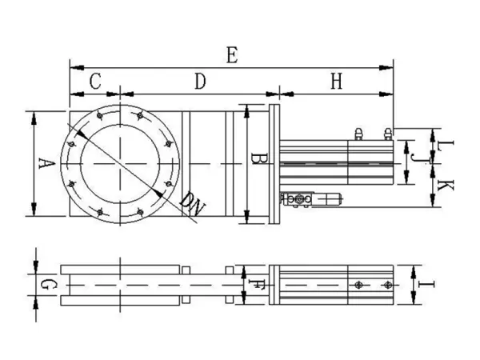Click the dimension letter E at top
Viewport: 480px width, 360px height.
[x=232, y=55]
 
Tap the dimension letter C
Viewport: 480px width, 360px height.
[x=95, y=81]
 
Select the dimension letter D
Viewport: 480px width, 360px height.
[x=200, y=81]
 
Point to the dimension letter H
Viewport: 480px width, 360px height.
[x=337, y=81]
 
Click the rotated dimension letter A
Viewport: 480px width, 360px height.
[x=46, y=163]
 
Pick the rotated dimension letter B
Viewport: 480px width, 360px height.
[x=259, y=158]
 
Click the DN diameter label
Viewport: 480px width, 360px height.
[x=192, y=204]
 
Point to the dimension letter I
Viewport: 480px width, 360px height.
[x=426, y=285]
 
